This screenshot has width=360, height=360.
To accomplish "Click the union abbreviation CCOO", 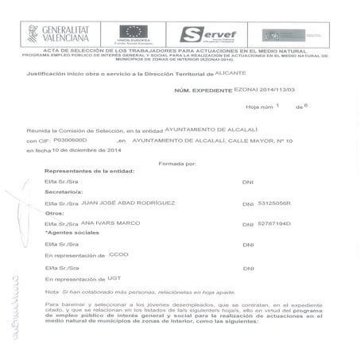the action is [x=118, y=255].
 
